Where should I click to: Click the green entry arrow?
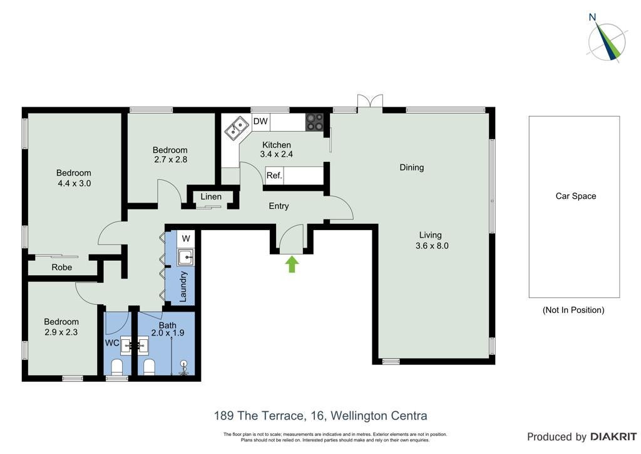[x=291, y=264]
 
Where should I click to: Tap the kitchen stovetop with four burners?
[x=315, y=122]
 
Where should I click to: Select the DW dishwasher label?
[x=260, y=121]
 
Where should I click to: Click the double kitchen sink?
[x=237, y=128]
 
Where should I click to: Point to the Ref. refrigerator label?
[x=274, y=176]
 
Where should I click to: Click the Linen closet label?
[x=211, y=196]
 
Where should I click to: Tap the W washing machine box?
[x=186, y=238]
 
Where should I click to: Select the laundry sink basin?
[x=186, y=258]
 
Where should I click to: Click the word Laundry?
[x=183, y=287]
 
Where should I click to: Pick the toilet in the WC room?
[x=117, y=367]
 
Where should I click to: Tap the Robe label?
[x=62, y=267]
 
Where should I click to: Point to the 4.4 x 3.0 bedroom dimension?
[x=74, y=183]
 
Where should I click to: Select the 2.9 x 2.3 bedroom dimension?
[x=61, y=332]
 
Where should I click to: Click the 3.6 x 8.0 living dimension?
[x=432, y=246]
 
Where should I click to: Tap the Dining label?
[x=412, y=167]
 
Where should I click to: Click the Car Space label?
[x=576, y=196]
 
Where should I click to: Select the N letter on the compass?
[x=592, y=17]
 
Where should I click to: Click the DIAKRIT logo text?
[x=613, y=437]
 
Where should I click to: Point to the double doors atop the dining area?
[x=370, y=101]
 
